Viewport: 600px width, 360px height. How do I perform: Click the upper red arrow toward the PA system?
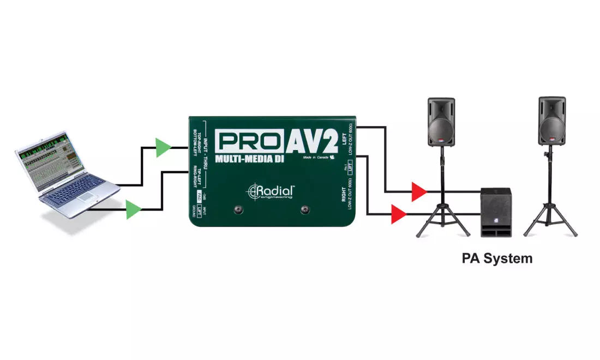point(419,192)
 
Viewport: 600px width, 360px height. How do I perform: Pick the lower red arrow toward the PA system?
point(399,214)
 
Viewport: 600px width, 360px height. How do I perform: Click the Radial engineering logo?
point(272,191)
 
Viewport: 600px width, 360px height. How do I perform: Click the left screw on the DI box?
point(238,210)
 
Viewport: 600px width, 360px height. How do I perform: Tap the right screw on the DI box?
point(305,210)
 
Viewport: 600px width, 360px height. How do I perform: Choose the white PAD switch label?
point(200,197)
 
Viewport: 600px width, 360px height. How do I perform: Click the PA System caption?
point(497,258)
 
